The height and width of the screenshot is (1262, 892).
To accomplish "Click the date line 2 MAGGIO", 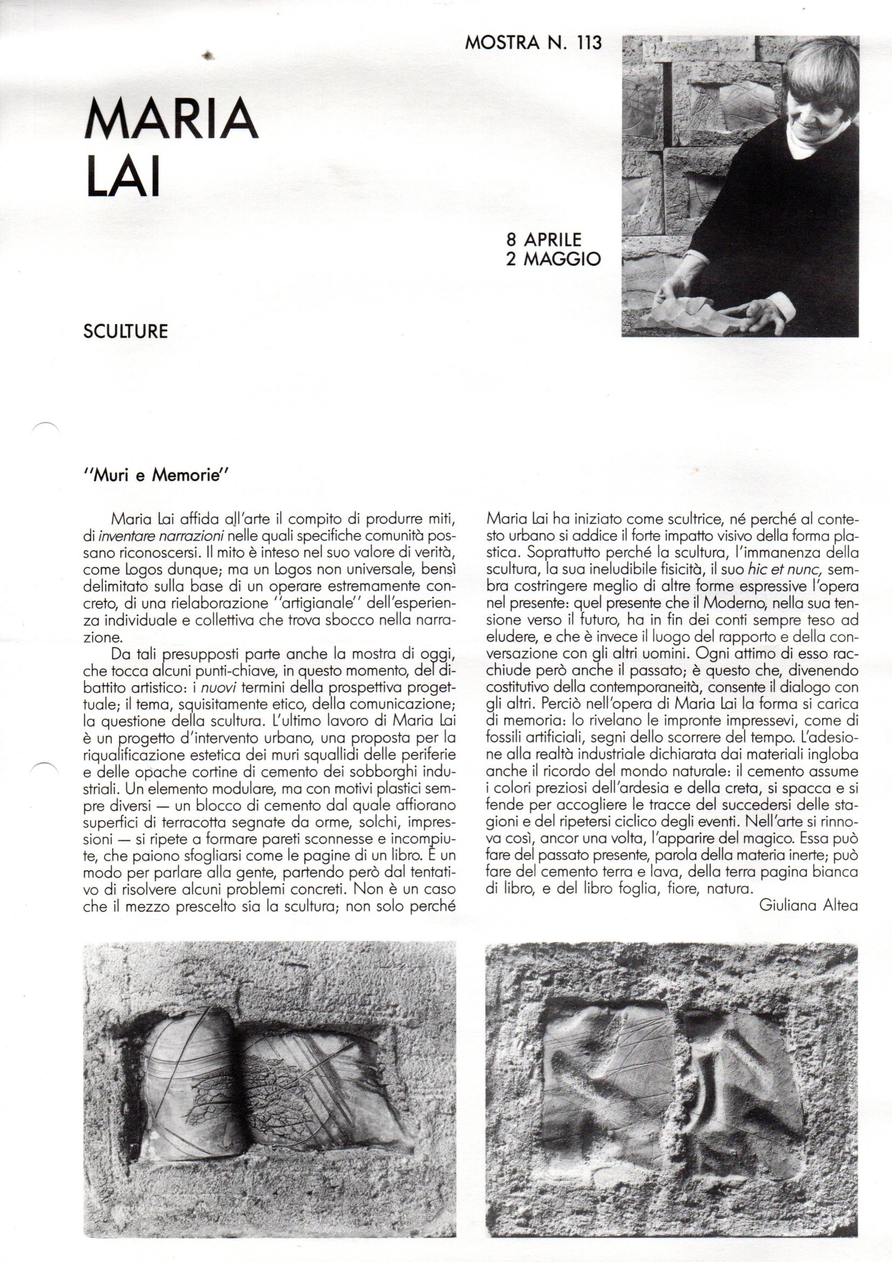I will pyautogui.click(x=553, y=259).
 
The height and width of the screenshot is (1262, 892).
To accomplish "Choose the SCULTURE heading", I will pyautogui.click(x=125, y=332).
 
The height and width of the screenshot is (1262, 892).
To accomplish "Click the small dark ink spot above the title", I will pyautogui.click(x=208, y=55).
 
